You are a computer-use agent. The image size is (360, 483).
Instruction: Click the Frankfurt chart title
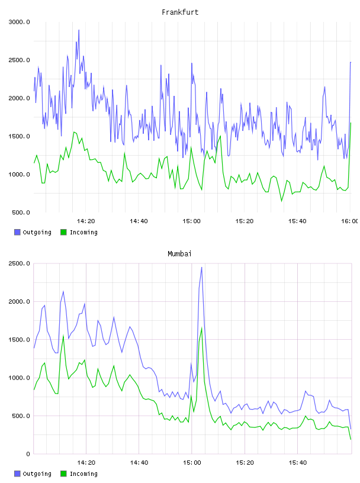point(180,12)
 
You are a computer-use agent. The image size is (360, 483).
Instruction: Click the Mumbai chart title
point(179,254)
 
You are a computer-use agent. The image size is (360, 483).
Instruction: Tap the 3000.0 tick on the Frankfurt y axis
point(19,22)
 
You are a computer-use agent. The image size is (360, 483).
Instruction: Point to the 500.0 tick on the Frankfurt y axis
point(21,212)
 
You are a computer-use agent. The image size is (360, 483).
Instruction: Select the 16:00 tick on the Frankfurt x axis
point(349,221)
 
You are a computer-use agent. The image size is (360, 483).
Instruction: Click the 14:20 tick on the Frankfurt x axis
point(86,221)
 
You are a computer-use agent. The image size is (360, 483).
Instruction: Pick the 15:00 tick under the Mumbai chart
point(192,463)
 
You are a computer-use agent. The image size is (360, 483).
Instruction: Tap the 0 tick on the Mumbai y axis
point(28,454)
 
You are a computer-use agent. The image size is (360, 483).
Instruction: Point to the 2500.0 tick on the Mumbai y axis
point(19,263)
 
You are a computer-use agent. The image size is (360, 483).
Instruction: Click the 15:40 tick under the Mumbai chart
point(298,463)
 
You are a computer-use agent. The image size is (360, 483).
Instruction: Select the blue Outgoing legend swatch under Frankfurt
point(17,232)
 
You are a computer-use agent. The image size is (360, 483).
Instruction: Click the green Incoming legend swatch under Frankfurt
point(63,232)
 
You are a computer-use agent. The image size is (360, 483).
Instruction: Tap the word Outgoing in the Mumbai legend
point(37,474)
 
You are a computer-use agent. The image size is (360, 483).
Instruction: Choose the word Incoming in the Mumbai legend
point(83,474)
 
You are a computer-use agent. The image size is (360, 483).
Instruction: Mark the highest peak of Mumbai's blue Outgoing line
point(201,268)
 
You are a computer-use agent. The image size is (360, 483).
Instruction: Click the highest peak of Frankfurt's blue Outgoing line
point(79,30)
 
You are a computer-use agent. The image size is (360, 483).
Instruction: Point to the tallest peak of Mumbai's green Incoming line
point(201,328)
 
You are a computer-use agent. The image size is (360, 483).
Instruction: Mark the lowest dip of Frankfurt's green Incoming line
point(281,201)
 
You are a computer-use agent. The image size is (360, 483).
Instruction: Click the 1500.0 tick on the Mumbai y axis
point(19,340)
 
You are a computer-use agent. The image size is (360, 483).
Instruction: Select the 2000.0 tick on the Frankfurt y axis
point(19,98)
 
